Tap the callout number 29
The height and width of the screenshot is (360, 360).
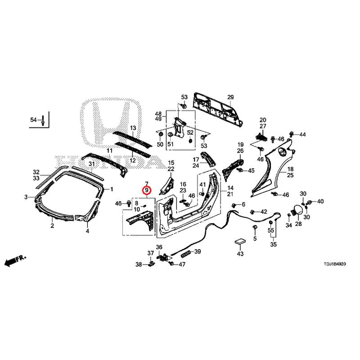pyautogui.click(x=230, y=98)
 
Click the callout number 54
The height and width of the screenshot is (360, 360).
pyautogui.click(x=33, y=120)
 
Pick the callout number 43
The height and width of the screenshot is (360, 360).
pyautogui.click(x=240, y=254)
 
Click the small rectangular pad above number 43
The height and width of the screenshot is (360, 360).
pyautogui.click(x=240, y=242)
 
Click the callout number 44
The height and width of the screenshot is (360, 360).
pyautogui.click(x=302, y=135)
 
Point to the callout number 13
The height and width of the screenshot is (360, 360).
pyautogui.click(x=133, y=128)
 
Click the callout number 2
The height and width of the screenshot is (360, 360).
pyautogui.click(x=52, y=226)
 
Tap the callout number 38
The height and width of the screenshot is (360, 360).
pyautogui.click(x=139, y=265)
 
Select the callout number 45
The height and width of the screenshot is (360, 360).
pyautogui.click(x=251, y=171)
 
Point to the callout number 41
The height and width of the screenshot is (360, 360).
pyautogui.click(x=202, y=184)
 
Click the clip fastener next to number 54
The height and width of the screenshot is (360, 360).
pyautogui.click(x=42, y=120)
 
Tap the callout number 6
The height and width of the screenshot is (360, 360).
pyautogui.click(x=243, y=204)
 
